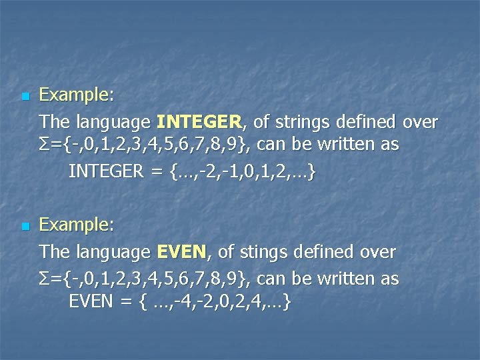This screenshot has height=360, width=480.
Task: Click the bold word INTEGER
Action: (200, 122)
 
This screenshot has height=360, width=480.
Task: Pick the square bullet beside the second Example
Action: (25, 227)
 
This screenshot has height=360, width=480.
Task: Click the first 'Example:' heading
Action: (76, 96)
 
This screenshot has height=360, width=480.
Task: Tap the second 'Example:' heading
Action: (76, 226)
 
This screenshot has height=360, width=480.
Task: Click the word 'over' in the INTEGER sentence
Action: (420, 122)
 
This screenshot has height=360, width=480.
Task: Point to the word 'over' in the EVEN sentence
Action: (377, 252)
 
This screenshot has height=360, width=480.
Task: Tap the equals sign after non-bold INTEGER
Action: (157, 172)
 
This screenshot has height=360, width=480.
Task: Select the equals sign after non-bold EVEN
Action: (125, 303)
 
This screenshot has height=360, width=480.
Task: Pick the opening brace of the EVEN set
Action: (142, 303)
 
